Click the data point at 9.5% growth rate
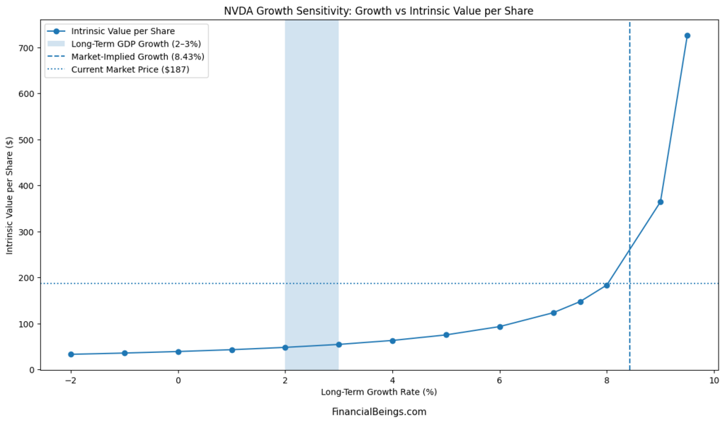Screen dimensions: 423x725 tap(687, 35)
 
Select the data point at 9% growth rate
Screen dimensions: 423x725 tap(660, 202)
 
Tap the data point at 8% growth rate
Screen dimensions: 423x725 tap(607, 285)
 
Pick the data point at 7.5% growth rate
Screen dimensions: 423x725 tap(580, 301)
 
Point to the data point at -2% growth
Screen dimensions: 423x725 tap(71, 354)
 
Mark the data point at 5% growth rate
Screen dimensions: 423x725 tap(446, 335)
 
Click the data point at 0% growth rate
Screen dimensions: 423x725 tap(178, 352)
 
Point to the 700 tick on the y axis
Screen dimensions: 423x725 tap(26, 48)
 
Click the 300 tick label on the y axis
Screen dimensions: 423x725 tap(26, 232)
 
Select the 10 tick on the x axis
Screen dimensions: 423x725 tap(714, 380)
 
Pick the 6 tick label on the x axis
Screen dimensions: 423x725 tap(499, 380)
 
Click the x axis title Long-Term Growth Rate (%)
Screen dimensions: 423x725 tap(379, 392)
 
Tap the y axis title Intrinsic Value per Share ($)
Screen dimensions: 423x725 tap(10, 195)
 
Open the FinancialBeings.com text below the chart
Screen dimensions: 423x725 tap(379, 412)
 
